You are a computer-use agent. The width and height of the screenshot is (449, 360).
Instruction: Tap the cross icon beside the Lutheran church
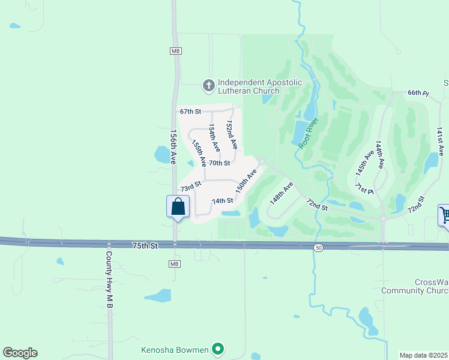click(208, 86)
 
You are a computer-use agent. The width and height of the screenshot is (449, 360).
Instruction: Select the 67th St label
click(190, 112)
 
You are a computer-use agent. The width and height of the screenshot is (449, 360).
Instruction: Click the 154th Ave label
click(213, 137)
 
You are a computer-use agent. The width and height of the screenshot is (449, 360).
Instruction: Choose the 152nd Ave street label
click(231, 134)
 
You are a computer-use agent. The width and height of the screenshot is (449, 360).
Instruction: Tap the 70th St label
click(219, 163)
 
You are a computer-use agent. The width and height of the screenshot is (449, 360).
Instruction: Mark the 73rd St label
click(190, 188)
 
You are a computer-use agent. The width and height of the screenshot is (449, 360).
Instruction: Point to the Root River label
click(308, 133)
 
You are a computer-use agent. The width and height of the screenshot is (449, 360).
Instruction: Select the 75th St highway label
click(145, 245)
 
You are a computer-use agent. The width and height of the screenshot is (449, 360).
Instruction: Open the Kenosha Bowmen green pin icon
click(218, 349)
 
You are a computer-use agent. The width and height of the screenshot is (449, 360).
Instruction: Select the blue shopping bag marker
click(178, 207)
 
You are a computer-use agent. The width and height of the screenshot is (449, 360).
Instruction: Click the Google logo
click(20, 353)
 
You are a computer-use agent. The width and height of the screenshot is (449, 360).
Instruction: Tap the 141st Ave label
click(439, 142)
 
